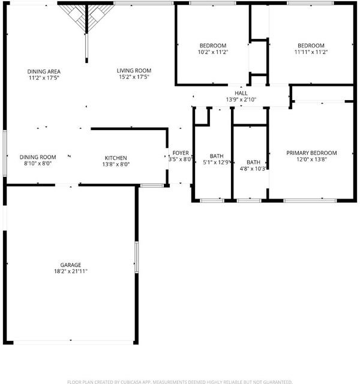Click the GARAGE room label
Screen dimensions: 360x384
(x=71, y=265)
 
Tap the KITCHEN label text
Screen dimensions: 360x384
(x=116, y=158)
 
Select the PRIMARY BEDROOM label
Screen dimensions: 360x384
(x=311, y=153)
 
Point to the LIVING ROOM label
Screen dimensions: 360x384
(x=134, y=71)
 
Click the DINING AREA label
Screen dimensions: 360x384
(x=44, y=71)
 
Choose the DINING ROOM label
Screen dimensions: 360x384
(x=38, y=157)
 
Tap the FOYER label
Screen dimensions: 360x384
(x=181, y=153)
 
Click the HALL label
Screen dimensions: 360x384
(x=241, y=93)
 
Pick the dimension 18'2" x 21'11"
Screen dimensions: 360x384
(x=71, y=271)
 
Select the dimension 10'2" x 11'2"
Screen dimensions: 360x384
(x=213, y=52)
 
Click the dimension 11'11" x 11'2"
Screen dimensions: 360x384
(x=311, y=52)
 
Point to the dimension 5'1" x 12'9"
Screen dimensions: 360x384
(x=217, y=162)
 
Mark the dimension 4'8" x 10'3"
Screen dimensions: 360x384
(x=253, y=169)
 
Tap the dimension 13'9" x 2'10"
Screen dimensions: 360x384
(x=241, y=100)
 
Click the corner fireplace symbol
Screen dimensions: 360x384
(x=86, y=17)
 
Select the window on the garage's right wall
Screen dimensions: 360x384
(x=137, y=257)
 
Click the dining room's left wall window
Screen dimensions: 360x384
(x=5, y=154)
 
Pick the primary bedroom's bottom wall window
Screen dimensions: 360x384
(x=310, y=201)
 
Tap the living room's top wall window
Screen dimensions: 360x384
(x=144, y=3)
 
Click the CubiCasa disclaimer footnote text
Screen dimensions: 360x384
(x=180, y=382)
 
